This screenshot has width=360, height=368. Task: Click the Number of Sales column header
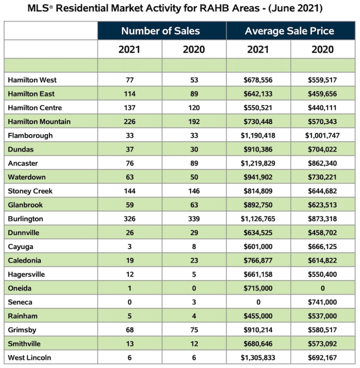(x=160, y=31)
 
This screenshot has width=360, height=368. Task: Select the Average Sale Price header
(x=289, y=31)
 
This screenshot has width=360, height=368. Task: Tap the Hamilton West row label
(x=32, y=80)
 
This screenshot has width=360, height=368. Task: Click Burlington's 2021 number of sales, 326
(x=129, y=219)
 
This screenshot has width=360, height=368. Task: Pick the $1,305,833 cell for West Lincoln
(x=258, y=358)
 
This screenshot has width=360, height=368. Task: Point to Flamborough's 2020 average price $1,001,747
(x=322, y=135)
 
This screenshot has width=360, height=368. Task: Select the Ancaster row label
(x=23, y=163)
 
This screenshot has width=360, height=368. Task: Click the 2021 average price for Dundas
(x=258, y=149)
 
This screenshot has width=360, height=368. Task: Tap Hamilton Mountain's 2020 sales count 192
(x=194, y=121)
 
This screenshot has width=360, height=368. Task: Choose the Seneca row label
(x=20, y=302)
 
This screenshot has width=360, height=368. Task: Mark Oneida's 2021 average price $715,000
(x=258, y=288)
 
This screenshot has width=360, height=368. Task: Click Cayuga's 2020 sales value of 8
(x=194, y=247)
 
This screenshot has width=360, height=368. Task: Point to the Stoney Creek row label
(x=30, y=191)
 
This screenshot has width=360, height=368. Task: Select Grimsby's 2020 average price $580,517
(x=322, y=330)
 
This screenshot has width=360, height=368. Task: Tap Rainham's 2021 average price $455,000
(x=258, y=316)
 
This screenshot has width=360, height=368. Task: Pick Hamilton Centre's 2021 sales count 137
(x=129, y=108)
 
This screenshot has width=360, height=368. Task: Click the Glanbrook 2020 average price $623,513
(x=322, y=205)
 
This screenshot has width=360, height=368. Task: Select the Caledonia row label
(x=24, y=260)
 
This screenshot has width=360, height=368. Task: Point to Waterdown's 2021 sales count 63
(x=129, y=177)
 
